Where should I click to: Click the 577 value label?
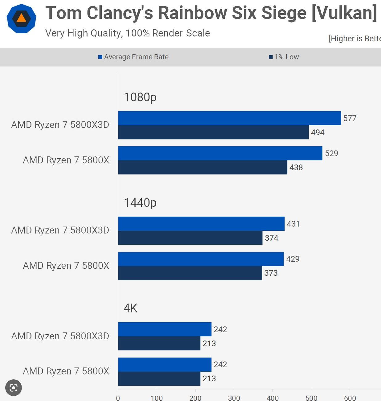[350, 118]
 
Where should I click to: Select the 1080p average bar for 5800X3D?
[229, 118]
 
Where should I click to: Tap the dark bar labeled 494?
[213, 132]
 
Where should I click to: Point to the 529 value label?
[331, 154]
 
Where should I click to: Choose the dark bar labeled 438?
[203, 167]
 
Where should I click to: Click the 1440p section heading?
[140, 203]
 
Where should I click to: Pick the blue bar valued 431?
[201, 224]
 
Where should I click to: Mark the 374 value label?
[272, 238]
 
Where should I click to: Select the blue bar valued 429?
[201, 259]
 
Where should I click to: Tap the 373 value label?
[271, 273]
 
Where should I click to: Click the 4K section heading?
[130, 308]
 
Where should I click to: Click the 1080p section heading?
[140, 97]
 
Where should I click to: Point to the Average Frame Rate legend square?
[100, 57]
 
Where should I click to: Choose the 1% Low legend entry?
[284, 57]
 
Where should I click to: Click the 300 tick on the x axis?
[234, 398]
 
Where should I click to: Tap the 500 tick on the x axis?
[311, 398]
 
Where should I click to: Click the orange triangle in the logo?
[21, 18]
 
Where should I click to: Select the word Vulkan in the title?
[344, 13]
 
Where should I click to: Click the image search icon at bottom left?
[14, 388]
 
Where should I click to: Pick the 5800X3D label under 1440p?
[60, 230]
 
